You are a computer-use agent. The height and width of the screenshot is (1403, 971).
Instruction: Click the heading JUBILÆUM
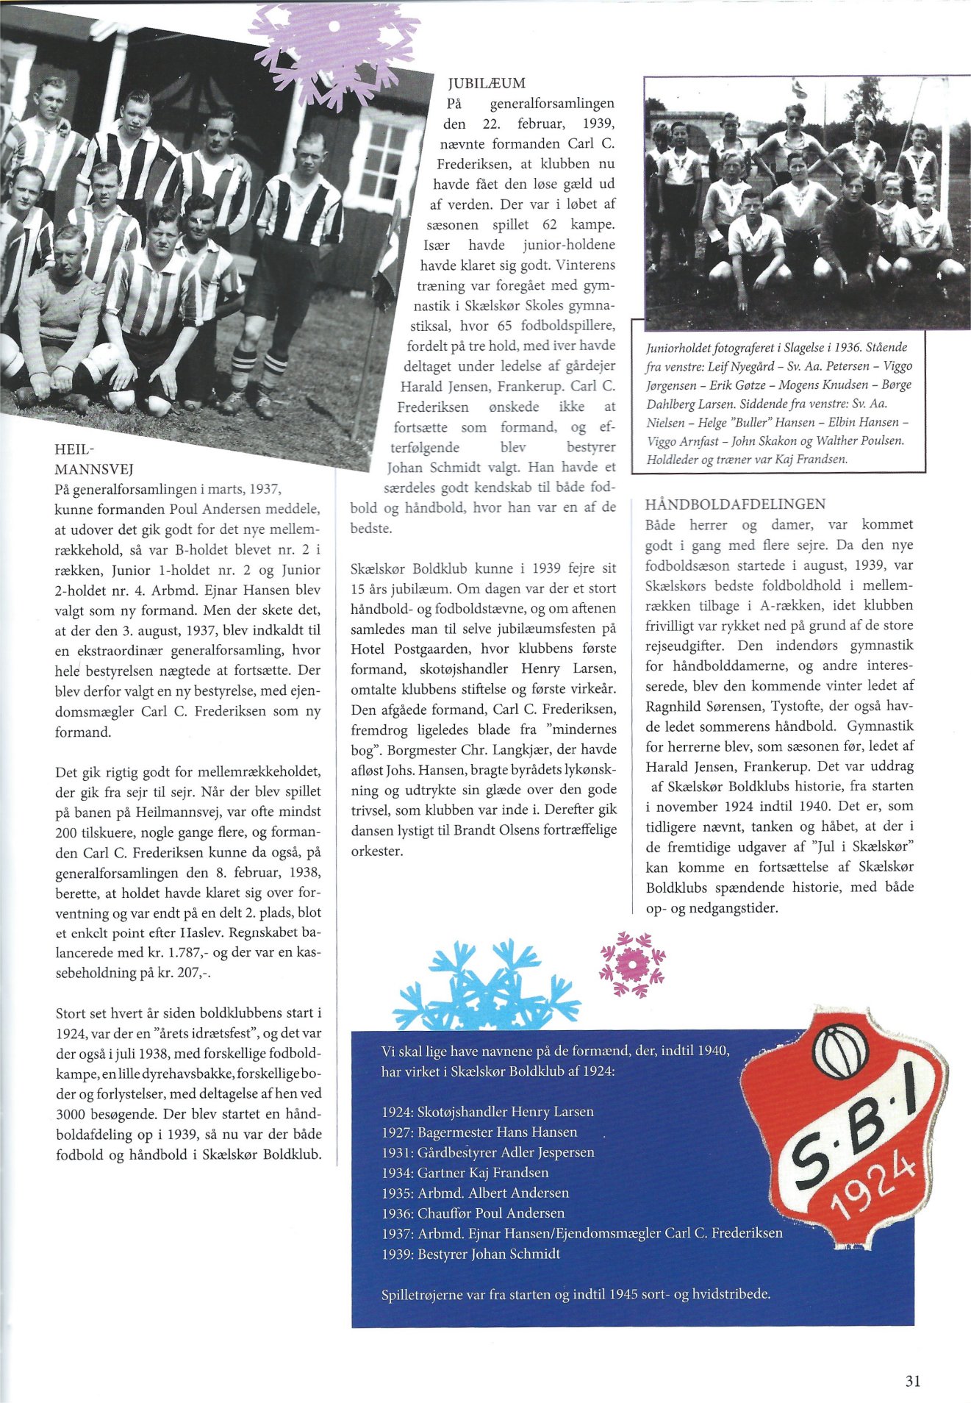click(487, 83)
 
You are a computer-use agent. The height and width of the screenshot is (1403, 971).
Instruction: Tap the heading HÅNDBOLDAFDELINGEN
click(735, 504)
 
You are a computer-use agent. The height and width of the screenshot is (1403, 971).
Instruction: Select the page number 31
click(912, 1381)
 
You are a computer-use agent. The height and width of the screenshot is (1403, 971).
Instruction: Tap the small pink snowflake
click(632, 964)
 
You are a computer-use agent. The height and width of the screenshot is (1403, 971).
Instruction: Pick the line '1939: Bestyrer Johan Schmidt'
click(470, 1254)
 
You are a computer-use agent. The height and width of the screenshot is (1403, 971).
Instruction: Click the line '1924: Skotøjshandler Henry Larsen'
click(487, 1112)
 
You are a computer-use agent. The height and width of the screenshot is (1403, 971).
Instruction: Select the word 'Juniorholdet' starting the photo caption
click(673, 348)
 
